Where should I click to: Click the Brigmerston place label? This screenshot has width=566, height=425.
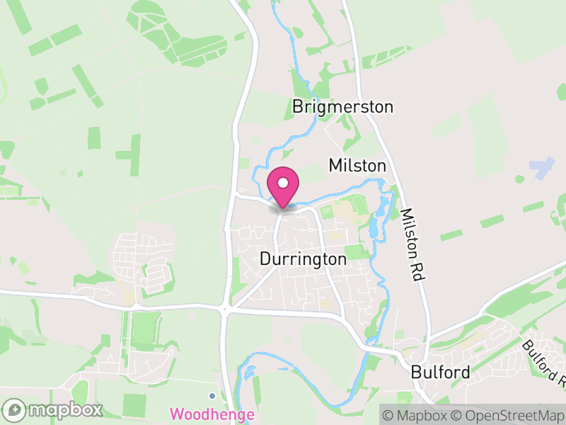point(342,107)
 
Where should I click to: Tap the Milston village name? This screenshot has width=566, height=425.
point(357,166)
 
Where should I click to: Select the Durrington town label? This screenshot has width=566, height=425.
point(304,259)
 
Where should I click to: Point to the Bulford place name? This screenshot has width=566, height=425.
point(440,373)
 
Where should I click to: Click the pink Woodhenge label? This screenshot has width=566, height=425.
point(212,414)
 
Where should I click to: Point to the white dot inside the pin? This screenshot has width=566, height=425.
point(283,181)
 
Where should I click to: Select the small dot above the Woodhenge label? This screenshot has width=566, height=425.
point(212,396)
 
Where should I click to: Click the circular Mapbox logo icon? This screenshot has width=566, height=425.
point(14,410)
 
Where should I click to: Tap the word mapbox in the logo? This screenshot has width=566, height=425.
point(64,410)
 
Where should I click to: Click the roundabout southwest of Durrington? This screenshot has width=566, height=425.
point(225,309)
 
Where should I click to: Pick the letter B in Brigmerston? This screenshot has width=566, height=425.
point(298,107)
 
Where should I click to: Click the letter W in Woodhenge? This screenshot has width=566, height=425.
point(177,414)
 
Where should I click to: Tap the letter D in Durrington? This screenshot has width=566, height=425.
point(265,259)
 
